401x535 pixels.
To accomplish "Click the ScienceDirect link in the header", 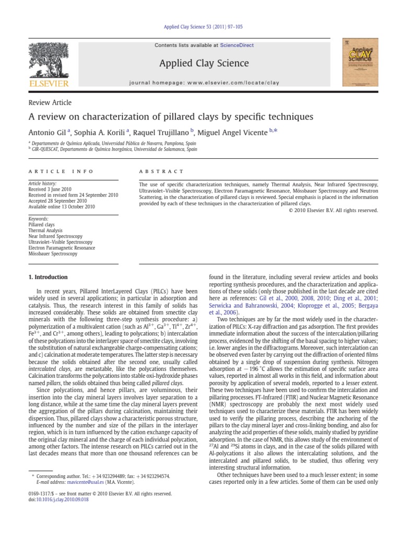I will (x=237, y=45).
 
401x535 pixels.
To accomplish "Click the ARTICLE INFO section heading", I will (x=61, y=171).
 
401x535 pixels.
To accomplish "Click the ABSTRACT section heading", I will (x=161, y=171).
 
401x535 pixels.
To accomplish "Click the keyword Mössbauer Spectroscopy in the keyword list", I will (x=53, y=254).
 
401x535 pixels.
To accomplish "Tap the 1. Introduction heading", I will (x=48, y=277).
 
